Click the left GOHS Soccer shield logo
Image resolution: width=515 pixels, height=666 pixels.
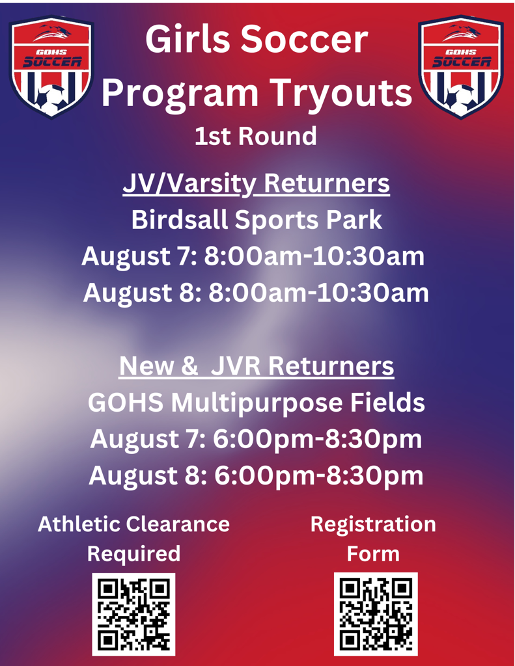point(51,67)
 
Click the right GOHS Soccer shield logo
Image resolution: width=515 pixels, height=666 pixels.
point(461,67)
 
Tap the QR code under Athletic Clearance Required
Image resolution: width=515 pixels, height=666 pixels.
point(133,614)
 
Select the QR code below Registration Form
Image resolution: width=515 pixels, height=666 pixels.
point(376,614)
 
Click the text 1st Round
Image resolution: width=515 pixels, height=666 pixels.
point(256,136)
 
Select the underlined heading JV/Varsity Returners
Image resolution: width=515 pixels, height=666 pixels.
point(256,184)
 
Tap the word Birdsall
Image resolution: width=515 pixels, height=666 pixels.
point(179,220)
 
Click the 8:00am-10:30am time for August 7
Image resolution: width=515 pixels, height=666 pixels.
point(314,256)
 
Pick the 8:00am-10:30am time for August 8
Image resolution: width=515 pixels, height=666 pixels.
point(318,293)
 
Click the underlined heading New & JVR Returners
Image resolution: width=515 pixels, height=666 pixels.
point(257,366)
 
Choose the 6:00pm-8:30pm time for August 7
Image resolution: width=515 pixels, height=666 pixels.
point(317,439)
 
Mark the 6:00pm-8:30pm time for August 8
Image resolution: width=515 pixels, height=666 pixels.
point(318,475)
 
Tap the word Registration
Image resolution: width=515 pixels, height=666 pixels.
point(373,524)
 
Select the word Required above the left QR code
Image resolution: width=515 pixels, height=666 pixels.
point(133,554)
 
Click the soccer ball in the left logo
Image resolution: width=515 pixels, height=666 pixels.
point(50,100)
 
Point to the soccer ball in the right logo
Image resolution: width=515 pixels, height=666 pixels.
point(460,100)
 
